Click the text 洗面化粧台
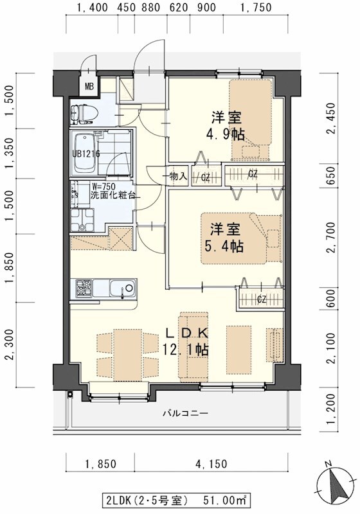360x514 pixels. pyautogui.click(x=113, y=195)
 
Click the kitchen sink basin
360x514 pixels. pyautogui.click(x=120, y=288)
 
